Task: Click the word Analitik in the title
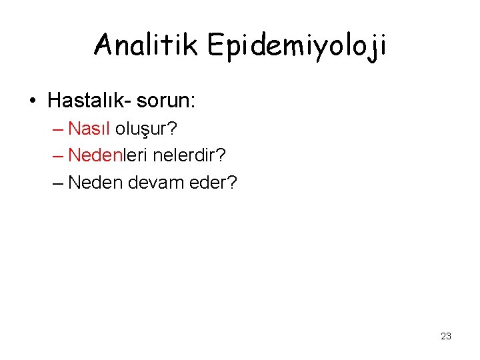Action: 147,45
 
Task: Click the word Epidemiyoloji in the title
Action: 297,47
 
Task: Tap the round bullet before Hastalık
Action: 33,101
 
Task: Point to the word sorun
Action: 163,101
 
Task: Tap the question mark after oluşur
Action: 172,129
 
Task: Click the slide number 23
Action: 446,336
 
